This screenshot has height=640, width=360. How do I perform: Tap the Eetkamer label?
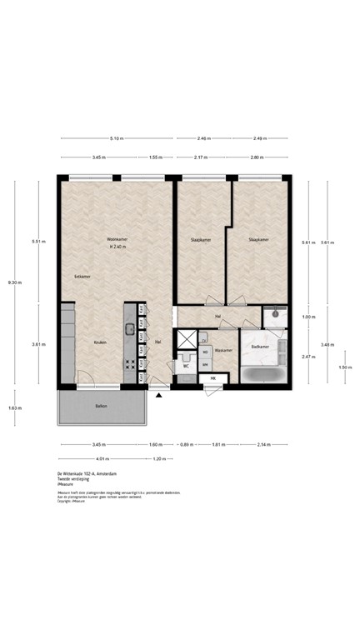point(82,276)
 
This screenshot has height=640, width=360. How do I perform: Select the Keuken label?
point(99,342)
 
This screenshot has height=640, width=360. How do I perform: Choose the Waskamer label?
point(223,351)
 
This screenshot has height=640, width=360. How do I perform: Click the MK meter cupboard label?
point(212,379)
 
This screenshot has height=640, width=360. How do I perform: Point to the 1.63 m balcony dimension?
point(14,407)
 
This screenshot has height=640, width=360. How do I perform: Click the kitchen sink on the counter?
point(130,328)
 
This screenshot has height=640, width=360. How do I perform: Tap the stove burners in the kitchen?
point(130,363)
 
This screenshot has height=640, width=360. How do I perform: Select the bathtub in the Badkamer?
point(261,373)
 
